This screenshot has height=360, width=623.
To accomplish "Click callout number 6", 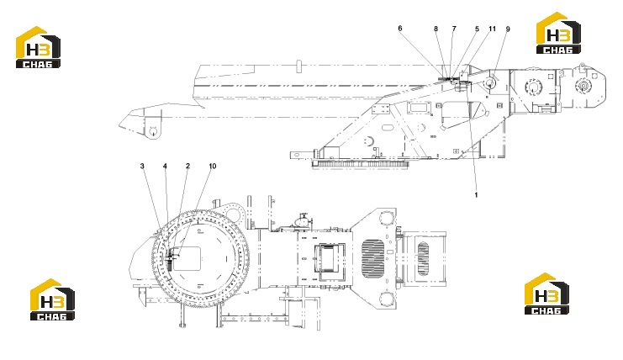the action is pos(399,29).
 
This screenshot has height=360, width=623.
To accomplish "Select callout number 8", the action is pos(436,29).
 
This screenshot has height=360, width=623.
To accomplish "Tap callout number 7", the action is pos(454,29).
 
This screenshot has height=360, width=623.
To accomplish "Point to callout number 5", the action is pos(478,29).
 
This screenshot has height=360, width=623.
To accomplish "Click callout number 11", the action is pos(493,29).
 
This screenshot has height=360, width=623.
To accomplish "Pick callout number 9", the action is pos(508,29).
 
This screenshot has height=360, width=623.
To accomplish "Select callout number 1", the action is pos(476,194).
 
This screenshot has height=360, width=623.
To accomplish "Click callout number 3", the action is pos(142,166).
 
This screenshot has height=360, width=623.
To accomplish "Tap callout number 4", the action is pos(165,166).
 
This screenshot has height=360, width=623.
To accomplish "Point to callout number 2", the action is pos(188,166).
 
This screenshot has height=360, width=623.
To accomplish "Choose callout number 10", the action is pos(213,166).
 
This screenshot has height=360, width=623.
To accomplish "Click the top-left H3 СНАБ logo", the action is pos(38,47).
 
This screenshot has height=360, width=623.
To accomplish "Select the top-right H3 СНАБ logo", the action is pos(558,33).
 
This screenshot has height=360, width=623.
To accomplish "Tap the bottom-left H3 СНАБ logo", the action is pos(52,299).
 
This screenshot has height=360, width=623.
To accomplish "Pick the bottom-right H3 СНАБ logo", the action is pos(546,294).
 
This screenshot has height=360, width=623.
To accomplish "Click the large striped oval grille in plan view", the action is pos(372,258).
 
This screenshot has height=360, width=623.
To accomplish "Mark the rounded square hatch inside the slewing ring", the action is pos(187,259).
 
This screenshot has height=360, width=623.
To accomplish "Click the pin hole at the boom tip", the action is pos(153,130).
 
